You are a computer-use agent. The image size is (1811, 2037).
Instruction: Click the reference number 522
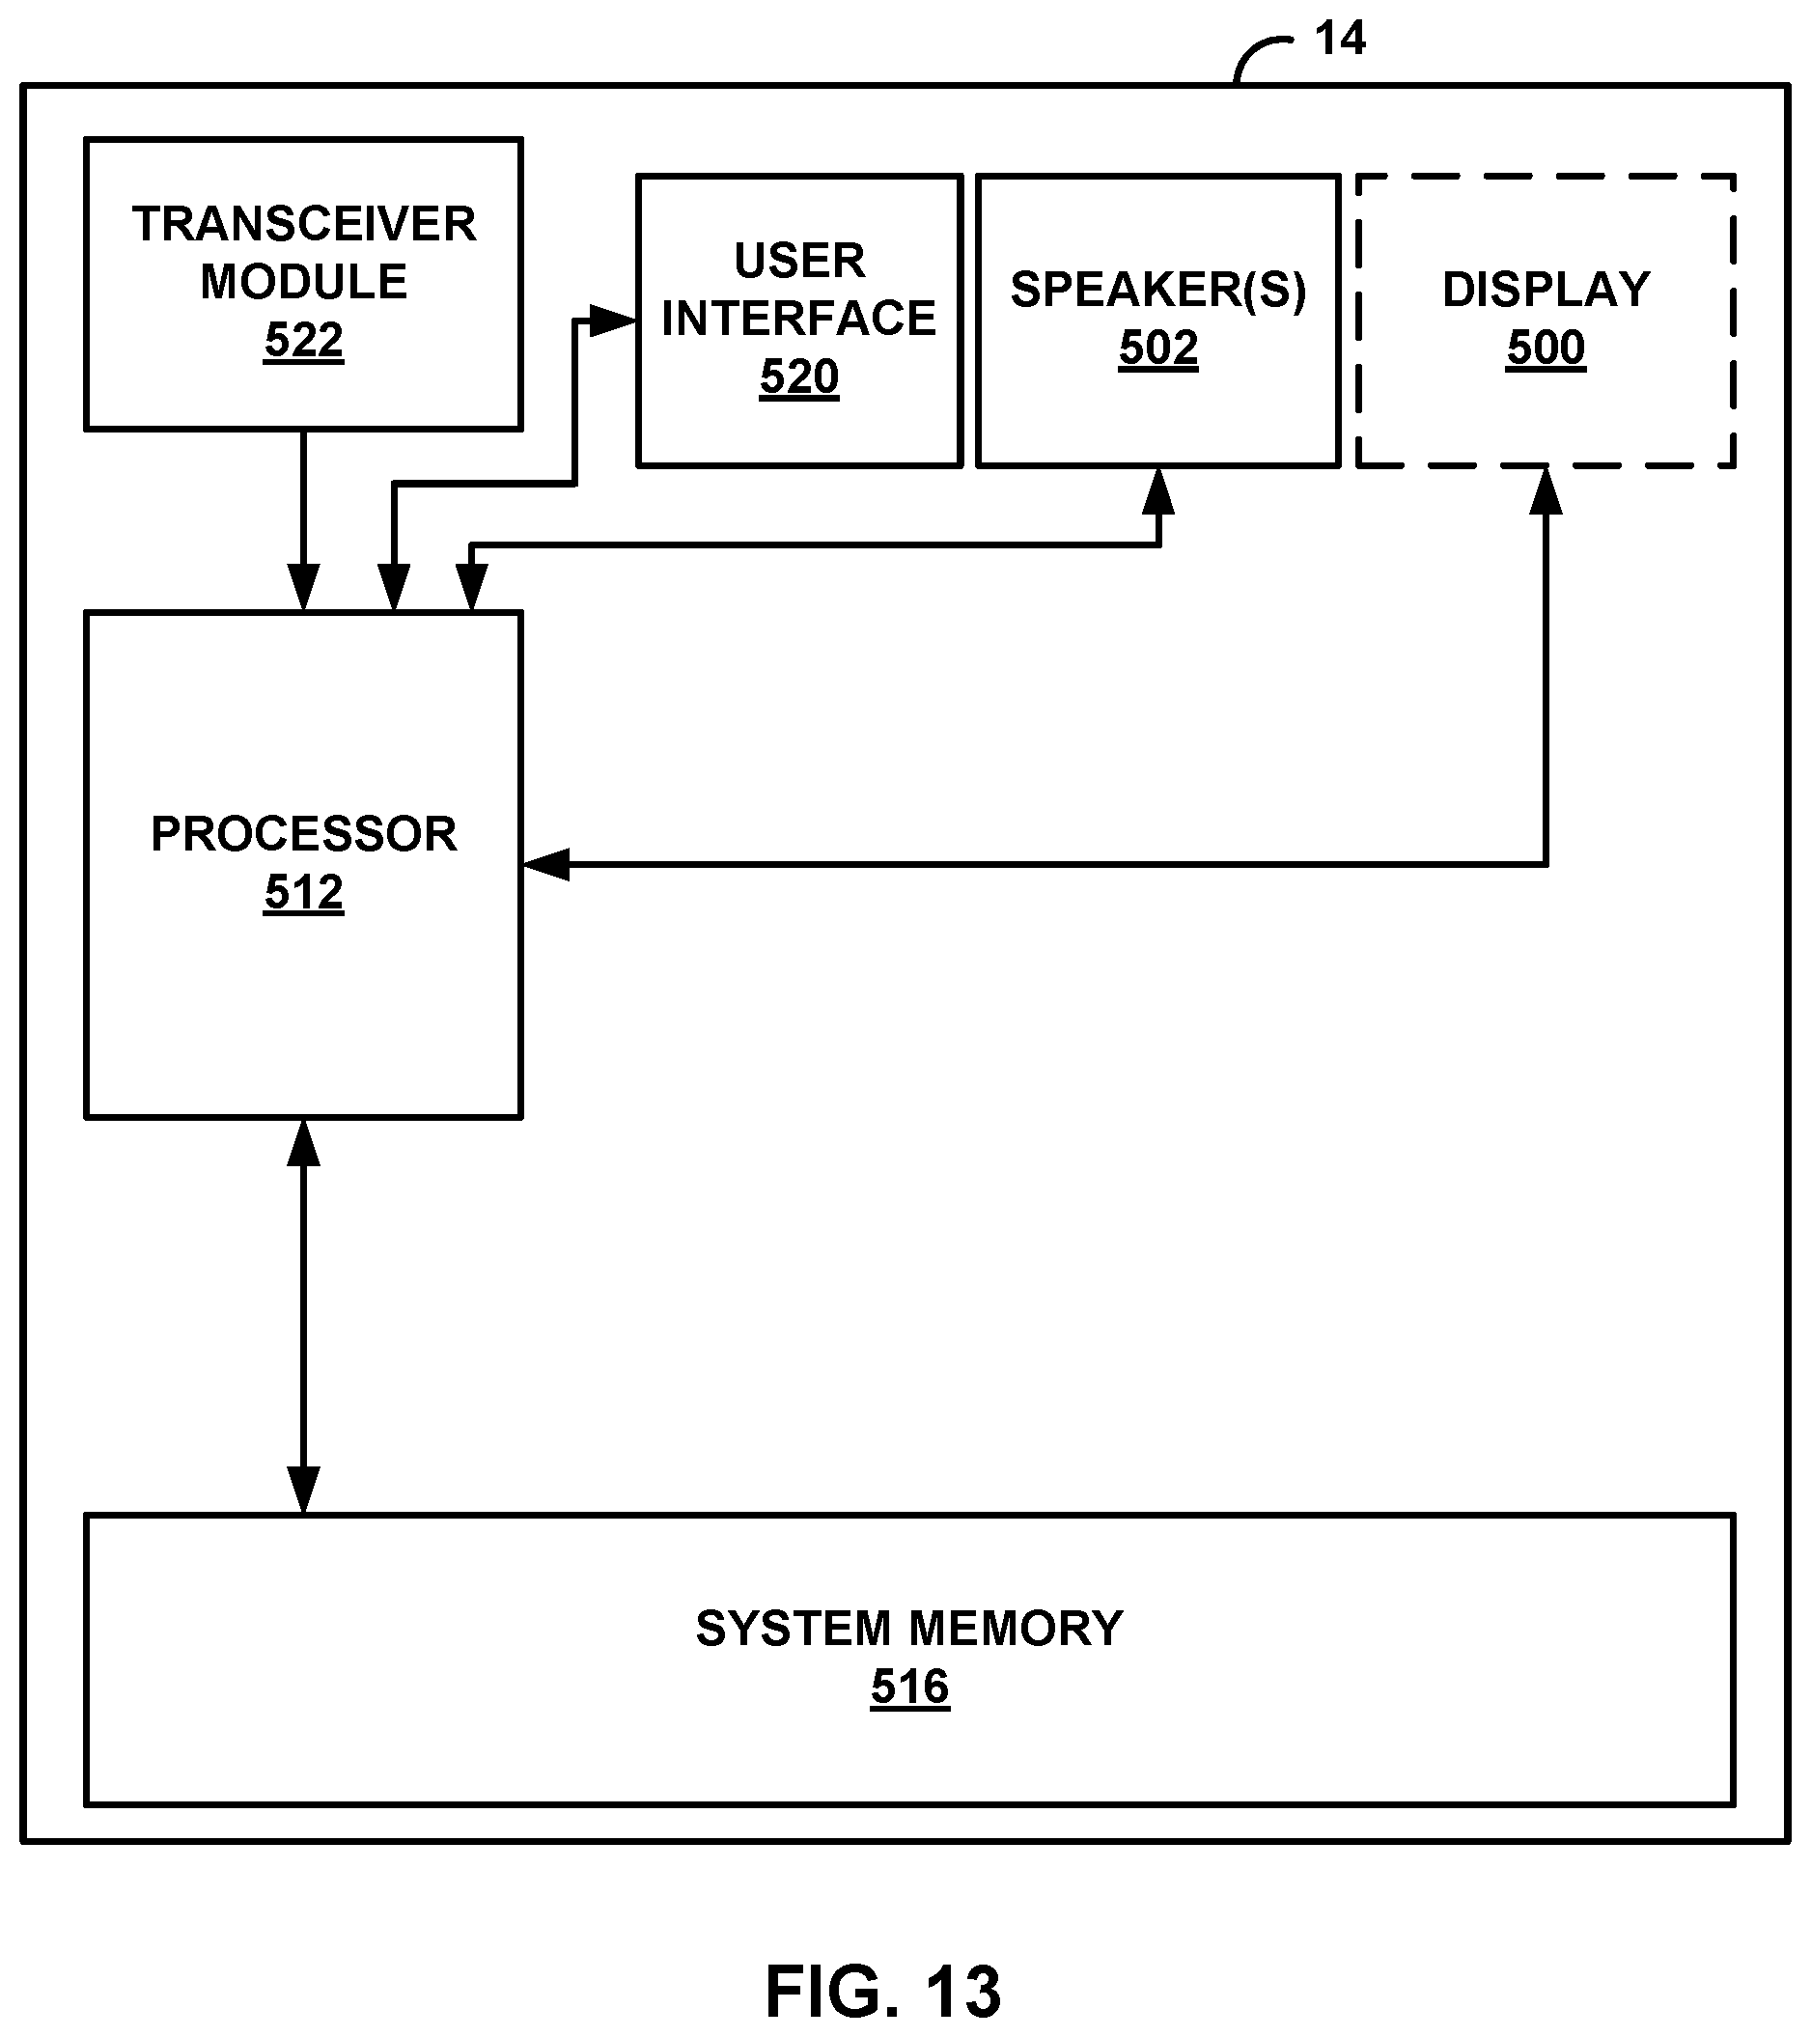tap(303, 340)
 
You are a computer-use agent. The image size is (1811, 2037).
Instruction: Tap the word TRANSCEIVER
tap(304, 224)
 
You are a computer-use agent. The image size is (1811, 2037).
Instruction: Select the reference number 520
tap(798, 377)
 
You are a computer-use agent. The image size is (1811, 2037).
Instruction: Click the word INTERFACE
tap(798, 319)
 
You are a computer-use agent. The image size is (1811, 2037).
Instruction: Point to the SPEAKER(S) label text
tap(1157, 290)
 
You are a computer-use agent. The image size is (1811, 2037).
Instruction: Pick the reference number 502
tap(1157, 348)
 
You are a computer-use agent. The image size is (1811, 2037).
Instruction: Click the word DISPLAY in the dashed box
tap(1545, 290)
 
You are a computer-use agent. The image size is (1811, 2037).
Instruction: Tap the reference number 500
tap(1545, 348)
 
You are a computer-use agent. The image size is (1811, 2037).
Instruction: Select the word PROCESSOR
tap(303, 834)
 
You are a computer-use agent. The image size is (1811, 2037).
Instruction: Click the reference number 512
tap(303, 892)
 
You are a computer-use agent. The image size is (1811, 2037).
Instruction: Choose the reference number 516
tap(909, 1688)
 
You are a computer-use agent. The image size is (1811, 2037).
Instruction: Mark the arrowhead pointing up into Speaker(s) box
tap(1157, 491)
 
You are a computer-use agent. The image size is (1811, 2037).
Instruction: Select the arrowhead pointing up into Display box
tap(1545, 491)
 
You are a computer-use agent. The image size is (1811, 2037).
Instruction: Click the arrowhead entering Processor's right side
tap(546, 865)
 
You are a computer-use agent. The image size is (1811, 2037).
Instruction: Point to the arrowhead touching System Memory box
tap(303, 1490)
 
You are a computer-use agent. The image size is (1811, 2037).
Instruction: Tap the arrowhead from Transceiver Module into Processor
tap(303, 586)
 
